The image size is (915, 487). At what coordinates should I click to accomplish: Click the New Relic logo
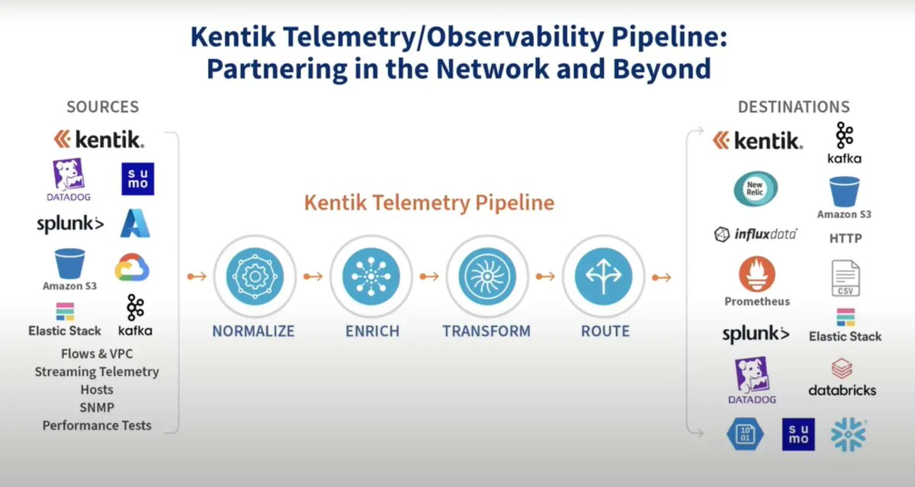click(756, 190)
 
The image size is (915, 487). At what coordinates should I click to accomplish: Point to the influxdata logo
click(756, 234)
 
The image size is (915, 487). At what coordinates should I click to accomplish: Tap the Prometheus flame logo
click(756, 276)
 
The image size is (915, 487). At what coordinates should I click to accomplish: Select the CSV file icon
click(845, 278)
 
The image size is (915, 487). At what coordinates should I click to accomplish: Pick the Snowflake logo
click(849, 435)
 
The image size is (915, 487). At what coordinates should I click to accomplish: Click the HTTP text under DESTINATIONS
click(846, 239)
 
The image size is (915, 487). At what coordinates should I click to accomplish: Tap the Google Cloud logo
click(132, 268)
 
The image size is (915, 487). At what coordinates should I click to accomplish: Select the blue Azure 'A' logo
click(135, 223)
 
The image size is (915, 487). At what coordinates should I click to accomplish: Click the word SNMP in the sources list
click(97, 408)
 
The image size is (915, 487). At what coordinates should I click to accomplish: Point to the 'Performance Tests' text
click(97, 425)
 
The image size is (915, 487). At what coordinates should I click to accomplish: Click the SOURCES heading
click(103, 107)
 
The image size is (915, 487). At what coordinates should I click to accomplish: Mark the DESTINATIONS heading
click(793, 107)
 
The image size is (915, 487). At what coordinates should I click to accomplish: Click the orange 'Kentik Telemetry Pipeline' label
click(429, 203)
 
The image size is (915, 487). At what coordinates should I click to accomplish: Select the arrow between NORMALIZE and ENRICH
click(312, 276)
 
